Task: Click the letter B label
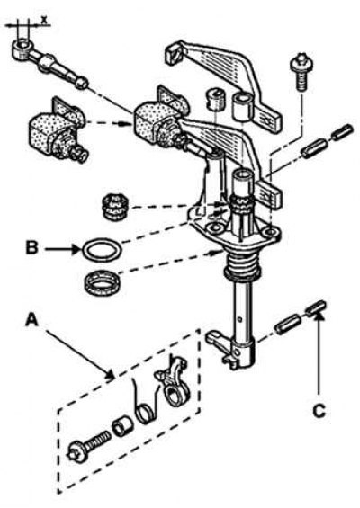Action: tap(32, 248)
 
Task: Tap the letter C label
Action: tap(319, 411)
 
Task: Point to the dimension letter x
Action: tap(44, 20)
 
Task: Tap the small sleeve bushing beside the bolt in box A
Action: tap(122, 427)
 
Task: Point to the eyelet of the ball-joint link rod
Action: tap(22, 49)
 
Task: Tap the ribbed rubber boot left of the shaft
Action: tap(114, 207)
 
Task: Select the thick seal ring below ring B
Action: tap(102, 283)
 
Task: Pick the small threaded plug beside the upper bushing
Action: tap(215, 98)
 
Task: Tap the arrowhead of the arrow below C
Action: tap(319, 316)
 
